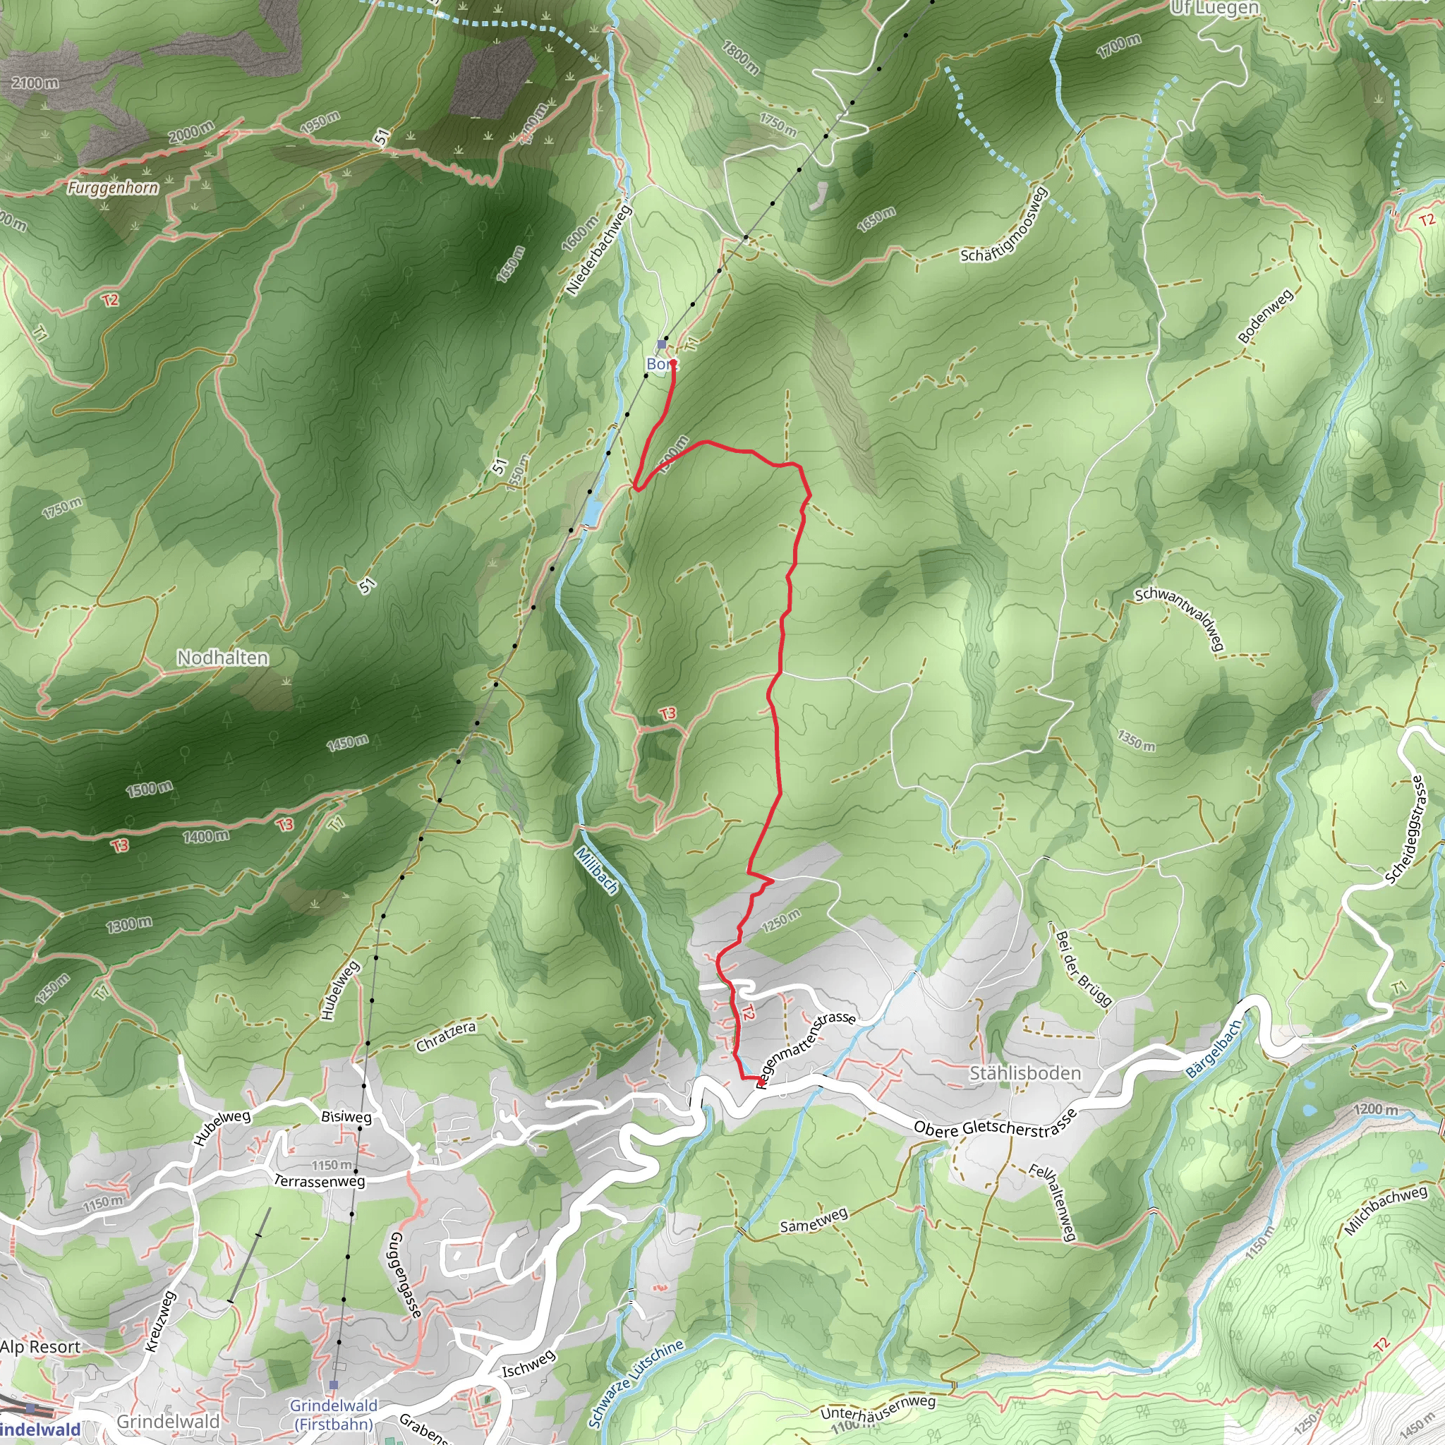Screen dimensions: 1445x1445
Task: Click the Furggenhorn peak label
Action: coord(113,187)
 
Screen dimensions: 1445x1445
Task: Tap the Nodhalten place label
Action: coord(223,658)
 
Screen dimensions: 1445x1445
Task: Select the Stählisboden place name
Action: coord(1024,1073)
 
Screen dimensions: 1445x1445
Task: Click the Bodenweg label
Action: coord(1265,316)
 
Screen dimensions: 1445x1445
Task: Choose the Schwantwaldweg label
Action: coord(1180,618)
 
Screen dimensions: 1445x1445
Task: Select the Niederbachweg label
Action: coord(598,249)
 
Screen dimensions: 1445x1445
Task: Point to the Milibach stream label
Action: coord(598,870)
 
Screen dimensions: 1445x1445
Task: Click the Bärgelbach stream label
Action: coord(1214,1048)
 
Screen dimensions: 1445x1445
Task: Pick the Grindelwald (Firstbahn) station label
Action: coord(334,1415)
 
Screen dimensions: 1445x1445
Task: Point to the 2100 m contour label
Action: coord(35,83)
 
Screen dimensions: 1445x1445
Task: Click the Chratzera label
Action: coord(446,1037)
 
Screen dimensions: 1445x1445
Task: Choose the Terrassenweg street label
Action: coord(320,1180)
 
